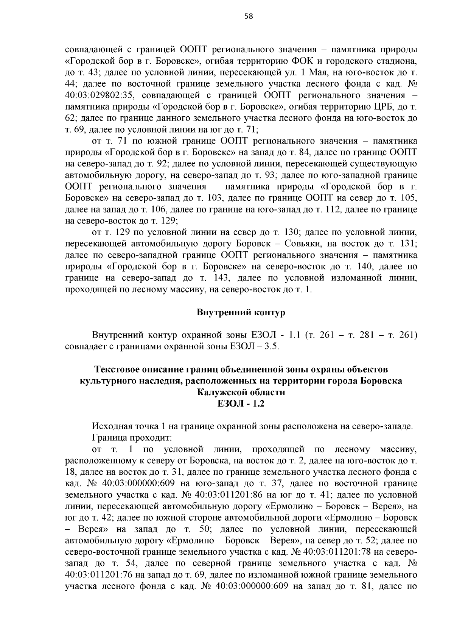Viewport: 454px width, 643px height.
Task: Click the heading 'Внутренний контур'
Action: tap(241, 313)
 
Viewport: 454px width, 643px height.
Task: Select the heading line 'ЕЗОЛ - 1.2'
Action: tap(241, 404)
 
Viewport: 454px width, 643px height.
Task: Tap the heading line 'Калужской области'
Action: tap(241, 392)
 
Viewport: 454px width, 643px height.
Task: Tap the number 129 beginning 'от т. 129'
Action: tap(131, 231)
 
